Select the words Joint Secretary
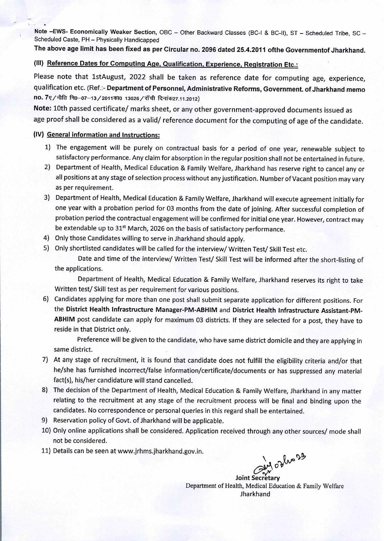[x=257, y=478]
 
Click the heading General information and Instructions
[x=103, y=135]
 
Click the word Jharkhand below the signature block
[x=255, y=494]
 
